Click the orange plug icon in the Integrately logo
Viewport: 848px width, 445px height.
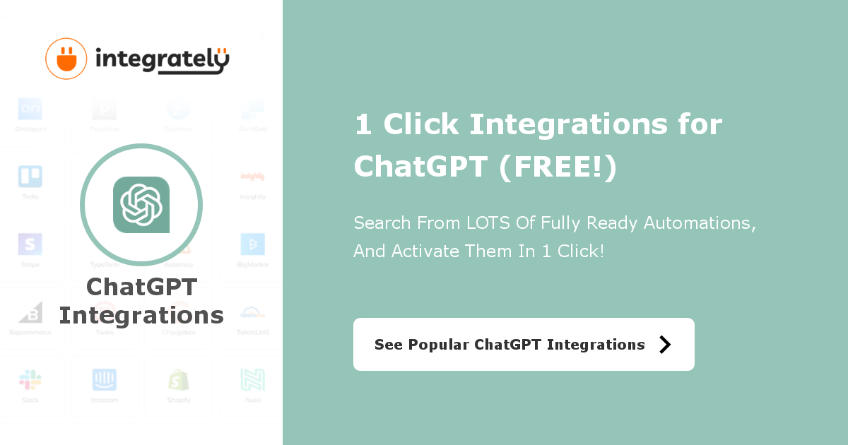click(x=66, y=59)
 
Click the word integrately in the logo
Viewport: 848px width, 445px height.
click(x=163, y=60)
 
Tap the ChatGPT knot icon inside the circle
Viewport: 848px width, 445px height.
click(x=141, y=205)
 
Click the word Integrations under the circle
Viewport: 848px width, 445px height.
click(x=141, y=315)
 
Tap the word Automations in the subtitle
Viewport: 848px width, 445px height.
click(x=700, y=223)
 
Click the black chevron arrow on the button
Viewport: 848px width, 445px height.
click(x=664, y=344)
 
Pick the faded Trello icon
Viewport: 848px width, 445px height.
click(x=30, y=176)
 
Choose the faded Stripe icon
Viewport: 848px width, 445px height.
click(x=30, y=244)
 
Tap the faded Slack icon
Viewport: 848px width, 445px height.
click(x=30, y=379)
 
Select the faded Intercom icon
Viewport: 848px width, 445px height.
click(x=105, y=379)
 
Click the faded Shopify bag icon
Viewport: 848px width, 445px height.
click(x=179, y=379)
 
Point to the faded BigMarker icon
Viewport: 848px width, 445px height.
click(x=252, y=244)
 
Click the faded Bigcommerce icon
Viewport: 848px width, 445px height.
click(x=30, y=311)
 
